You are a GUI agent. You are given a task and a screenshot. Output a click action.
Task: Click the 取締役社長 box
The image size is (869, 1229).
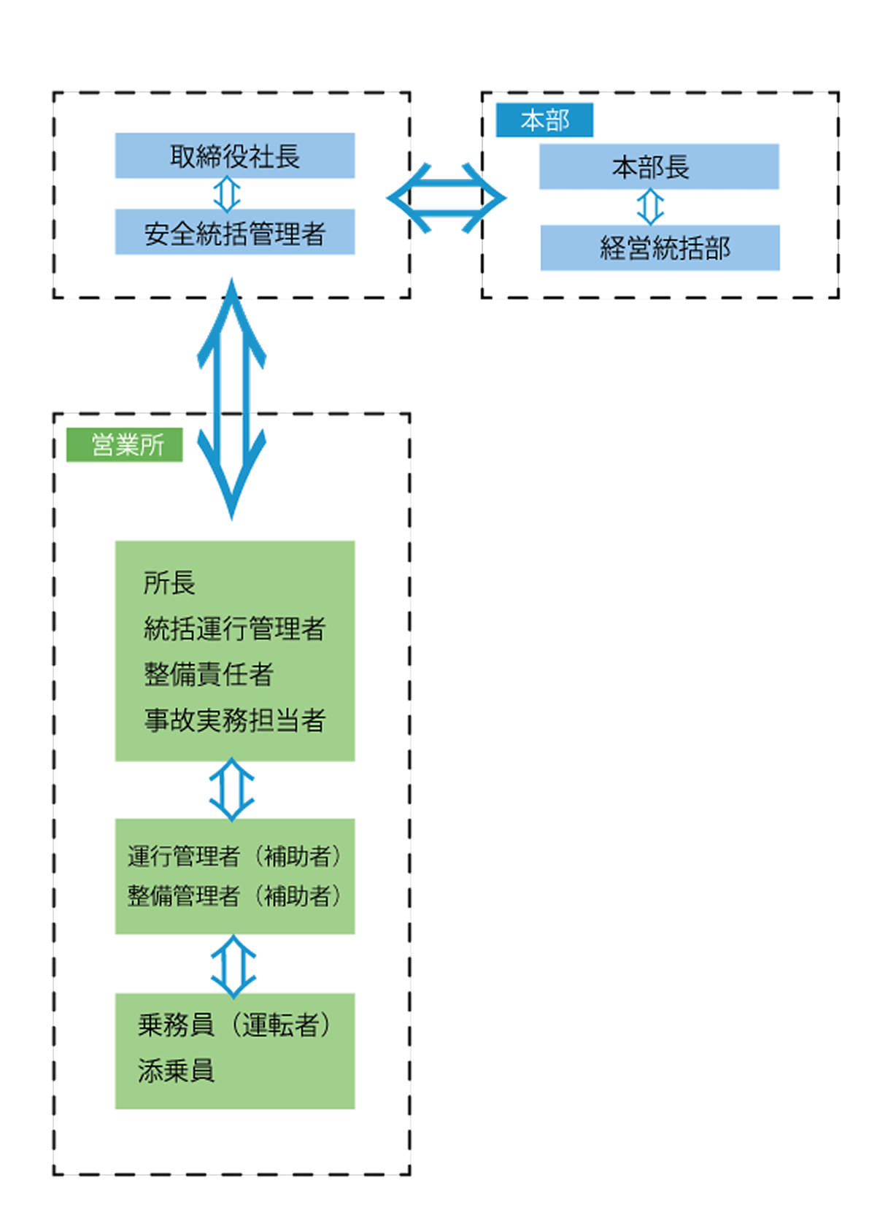(x=234, y=155)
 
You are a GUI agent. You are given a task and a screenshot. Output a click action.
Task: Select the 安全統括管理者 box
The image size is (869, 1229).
(x=234, y=232)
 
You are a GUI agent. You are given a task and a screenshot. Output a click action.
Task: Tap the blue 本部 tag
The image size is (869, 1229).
(x=544, y=120)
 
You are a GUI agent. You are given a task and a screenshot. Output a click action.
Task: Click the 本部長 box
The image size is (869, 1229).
(x=658, y=166)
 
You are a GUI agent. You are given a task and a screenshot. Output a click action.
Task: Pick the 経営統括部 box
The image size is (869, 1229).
(x=660, y=248)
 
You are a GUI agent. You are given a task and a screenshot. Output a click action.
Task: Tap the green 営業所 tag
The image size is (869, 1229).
(x=125, y=444)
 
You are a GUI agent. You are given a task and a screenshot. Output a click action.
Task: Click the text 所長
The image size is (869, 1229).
(x=169, y=583)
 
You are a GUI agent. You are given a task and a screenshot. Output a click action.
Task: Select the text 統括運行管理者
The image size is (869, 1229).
(x=234, y=628)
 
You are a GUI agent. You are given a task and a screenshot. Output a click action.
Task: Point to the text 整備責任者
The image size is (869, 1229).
(x=208, y=674)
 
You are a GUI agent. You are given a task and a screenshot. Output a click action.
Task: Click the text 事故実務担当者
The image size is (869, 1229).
(x=234, y=720)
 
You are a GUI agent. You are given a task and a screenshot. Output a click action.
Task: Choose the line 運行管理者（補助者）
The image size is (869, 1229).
(x=234, y=856)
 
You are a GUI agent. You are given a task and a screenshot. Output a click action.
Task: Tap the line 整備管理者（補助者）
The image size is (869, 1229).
(x=234, y=895)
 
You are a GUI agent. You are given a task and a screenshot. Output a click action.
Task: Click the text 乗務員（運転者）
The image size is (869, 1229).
(x=234, y=1025)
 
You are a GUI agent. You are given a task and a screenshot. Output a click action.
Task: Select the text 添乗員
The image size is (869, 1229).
(x=176, y=1071)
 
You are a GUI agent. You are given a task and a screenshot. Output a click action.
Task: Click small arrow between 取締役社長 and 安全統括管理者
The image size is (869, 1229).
(x=227, y=193)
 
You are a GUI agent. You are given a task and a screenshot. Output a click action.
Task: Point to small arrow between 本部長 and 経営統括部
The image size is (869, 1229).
(x=650, y=207)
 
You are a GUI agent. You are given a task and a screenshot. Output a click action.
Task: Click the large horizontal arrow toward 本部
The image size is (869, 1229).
(x=446, y=198)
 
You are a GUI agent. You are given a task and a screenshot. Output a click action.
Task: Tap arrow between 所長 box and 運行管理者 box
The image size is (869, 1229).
(x=231, y=790)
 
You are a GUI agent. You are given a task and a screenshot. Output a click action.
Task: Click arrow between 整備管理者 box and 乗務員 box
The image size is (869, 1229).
(x=233, y=966)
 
